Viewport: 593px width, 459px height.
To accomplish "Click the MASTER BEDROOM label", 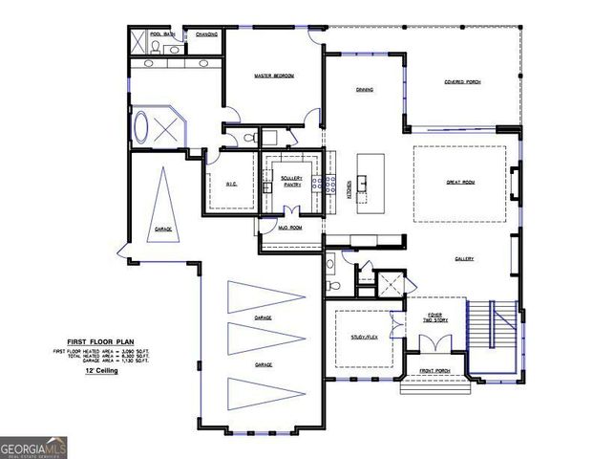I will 273,75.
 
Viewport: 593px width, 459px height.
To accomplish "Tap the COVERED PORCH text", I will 461,82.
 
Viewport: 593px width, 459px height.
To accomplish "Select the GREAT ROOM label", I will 460,181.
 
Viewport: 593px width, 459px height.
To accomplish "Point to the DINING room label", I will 365,90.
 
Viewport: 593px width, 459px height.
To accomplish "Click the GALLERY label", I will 464,258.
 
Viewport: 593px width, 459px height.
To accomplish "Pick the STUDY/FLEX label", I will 364,337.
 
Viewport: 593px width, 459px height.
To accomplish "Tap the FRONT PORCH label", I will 435,371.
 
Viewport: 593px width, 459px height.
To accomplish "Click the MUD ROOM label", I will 290,228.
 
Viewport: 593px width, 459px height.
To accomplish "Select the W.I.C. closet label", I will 231,184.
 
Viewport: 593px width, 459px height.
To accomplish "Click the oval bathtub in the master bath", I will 143,129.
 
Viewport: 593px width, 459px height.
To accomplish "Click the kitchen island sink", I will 362,182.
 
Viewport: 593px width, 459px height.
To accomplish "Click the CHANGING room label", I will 206,33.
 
